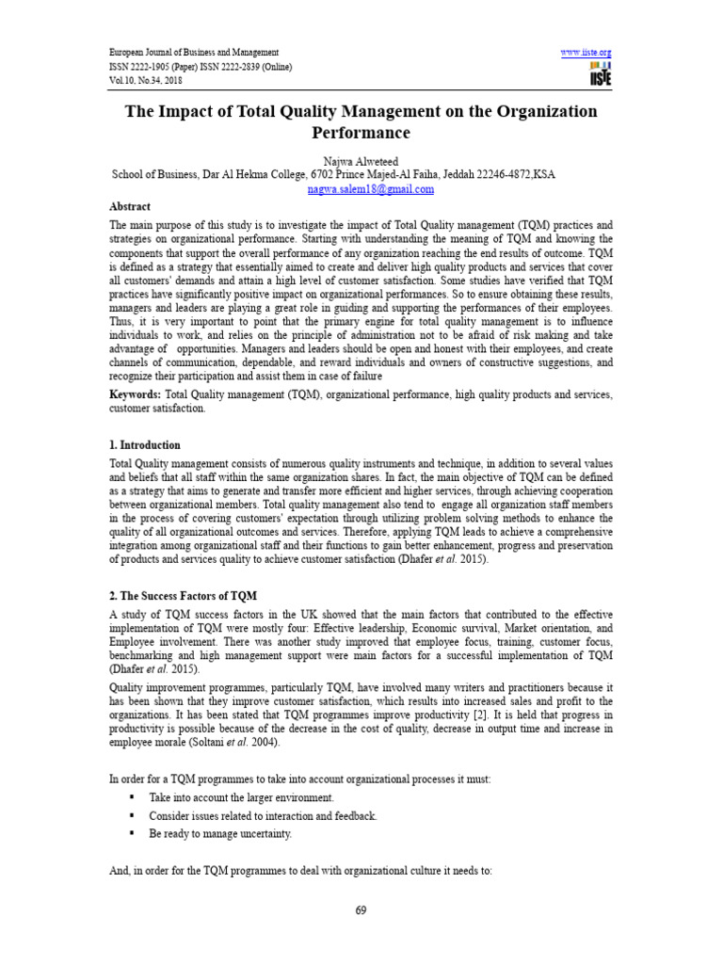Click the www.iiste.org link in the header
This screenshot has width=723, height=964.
(x=586, y=52)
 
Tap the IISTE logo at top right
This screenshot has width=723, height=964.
(x=600, y=77)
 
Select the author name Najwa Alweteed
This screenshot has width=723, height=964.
(x=361, y=160)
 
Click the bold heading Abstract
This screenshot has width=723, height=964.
(x=130, y=206)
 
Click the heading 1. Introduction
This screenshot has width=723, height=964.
(x=145, y=445)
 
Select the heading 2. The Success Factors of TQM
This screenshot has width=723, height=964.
(x=183, y=596)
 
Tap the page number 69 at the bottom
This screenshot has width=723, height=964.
(x=361, y=910)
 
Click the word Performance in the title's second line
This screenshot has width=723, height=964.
(x=361, y=133)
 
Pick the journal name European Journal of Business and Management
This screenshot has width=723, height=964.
(x=194, y=52)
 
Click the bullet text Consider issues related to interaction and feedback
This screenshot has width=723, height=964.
(x=263, y=815)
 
